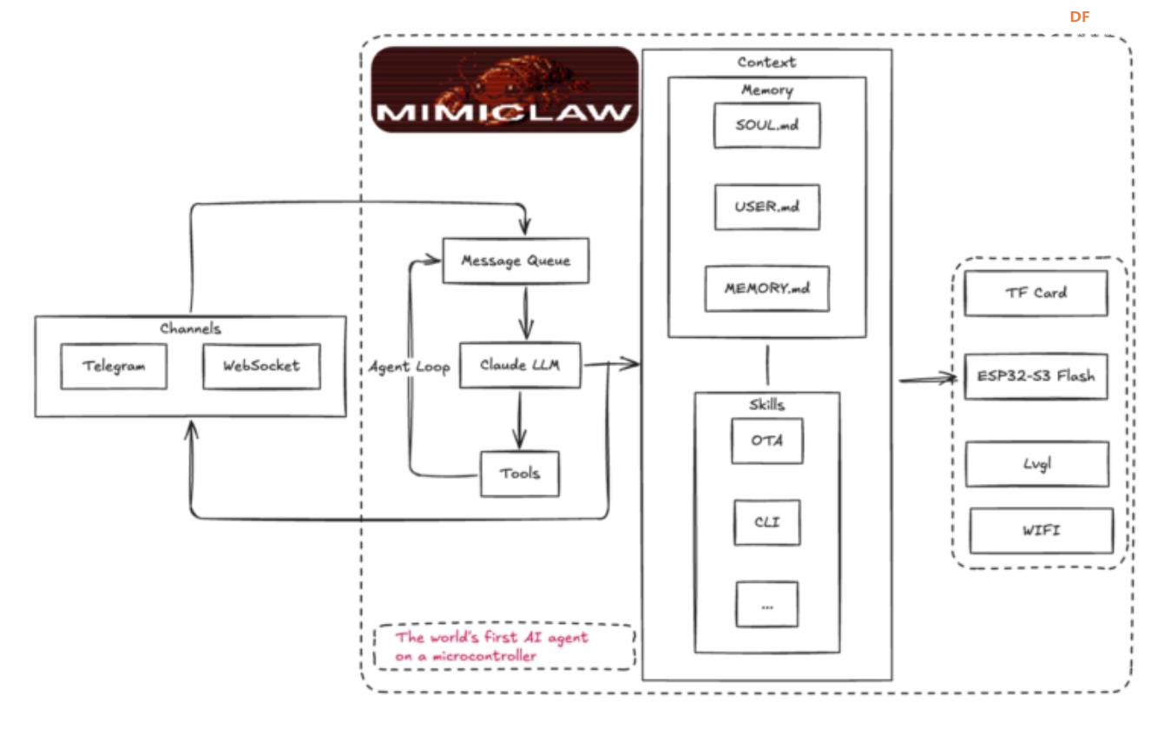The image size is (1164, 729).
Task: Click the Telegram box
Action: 114,366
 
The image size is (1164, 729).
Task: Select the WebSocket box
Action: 261,366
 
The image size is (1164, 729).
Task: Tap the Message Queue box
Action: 516,260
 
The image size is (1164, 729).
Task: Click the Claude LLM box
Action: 520,365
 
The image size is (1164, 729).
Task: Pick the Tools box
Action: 520,474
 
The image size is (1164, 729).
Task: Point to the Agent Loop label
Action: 408,368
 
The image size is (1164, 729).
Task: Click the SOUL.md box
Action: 766,125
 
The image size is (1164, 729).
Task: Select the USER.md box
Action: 766,208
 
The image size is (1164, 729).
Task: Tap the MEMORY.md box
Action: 766,288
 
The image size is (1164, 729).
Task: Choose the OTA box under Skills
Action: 766,441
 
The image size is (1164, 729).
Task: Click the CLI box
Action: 766,522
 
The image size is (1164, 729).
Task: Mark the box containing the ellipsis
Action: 766,605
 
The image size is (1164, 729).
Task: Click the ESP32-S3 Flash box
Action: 1036,376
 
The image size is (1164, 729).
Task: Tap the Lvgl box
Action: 1037,463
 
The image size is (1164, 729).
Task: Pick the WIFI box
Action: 1041,531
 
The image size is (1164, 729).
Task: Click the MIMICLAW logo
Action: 504,89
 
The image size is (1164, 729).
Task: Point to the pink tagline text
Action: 491,647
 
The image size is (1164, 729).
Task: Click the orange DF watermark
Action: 1079,17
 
